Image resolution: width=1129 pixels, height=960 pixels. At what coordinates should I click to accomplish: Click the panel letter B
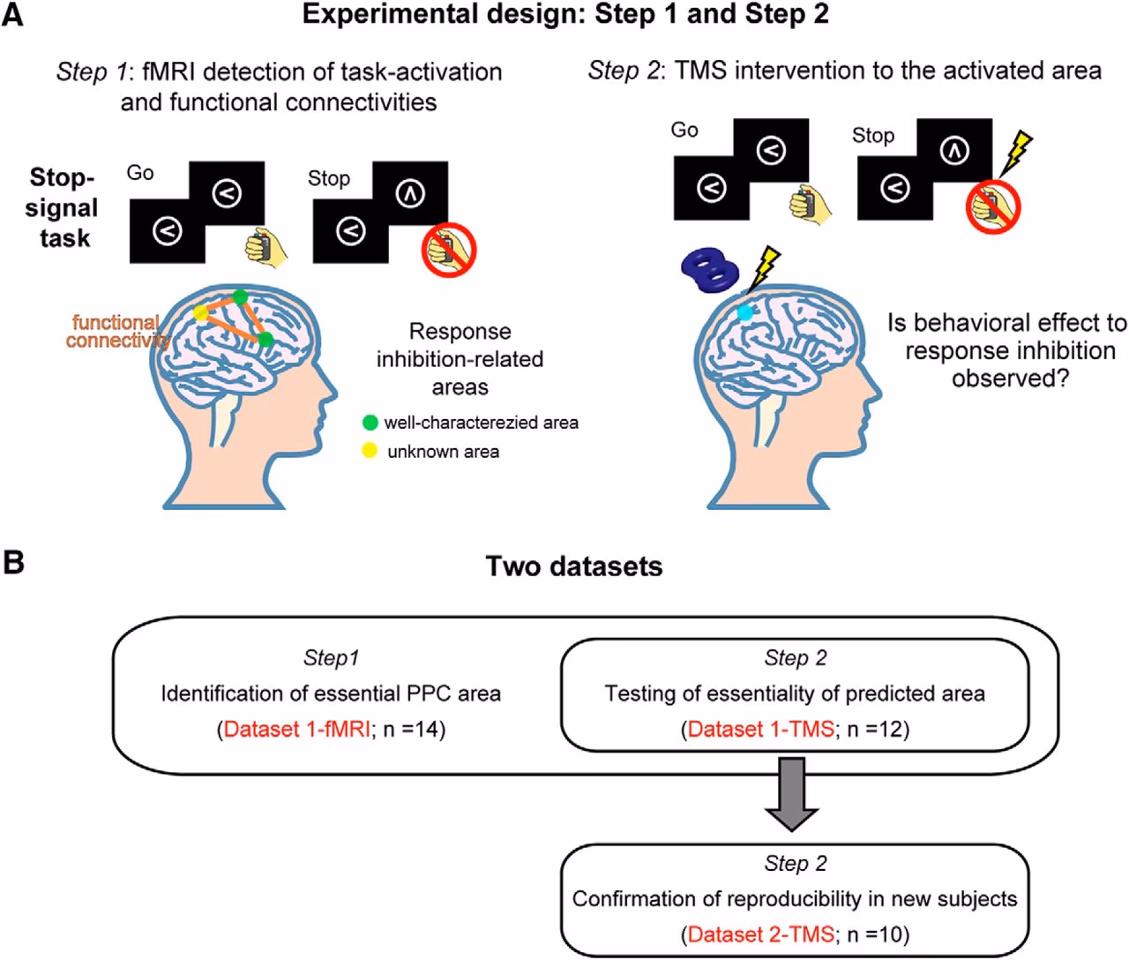pos(13,562)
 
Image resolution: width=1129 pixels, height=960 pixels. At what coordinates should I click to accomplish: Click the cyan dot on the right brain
pos(745,311)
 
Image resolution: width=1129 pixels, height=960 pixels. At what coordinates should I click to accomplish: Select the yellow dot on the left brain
pos(201,312)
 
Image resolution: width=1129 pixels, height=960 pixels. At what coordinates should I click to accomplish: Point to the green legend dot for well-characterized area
pos(370,423)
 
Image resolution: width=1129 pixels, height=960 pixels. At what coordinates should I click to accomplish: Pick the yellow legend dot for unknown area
pos(370,451)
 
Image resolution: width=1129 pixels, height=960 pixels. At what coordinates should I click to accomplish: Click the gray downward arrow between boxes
pos(791,794)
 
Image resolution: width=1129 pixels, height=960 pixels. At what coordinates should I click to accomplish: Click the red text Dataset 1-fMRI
pos(296,729)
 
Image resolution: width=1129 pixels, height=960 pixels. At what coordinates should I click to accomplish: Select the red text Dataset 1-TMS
pos(760,729)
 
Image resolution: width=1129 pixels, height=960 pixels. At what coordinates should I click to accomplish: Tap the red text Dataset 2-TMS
pos(760,934)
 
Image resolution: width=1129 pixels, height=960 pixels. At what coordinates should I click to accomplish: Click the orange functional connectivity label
pos(115,331)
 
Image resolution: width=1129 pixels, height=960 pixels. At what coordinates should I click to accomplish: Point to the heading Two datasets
pos(574,566)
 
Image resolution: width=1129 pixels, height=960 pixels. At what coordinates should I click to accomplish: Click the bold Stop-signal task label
pos(62,208)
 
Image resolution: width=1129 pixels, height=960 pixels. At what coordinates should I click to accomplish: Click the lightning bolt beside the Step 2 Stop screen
pos(1017,152)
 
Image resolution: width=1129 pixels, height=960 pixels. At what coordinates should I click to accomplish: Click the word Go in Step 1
pos(140,173)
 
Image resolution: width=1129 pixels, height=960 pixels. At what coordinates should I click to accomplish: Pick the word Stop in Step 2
pos(872,136)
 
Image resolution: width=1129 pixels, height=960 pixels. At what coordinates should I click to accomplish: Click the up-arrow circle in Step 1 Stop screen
pos(410,194)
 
